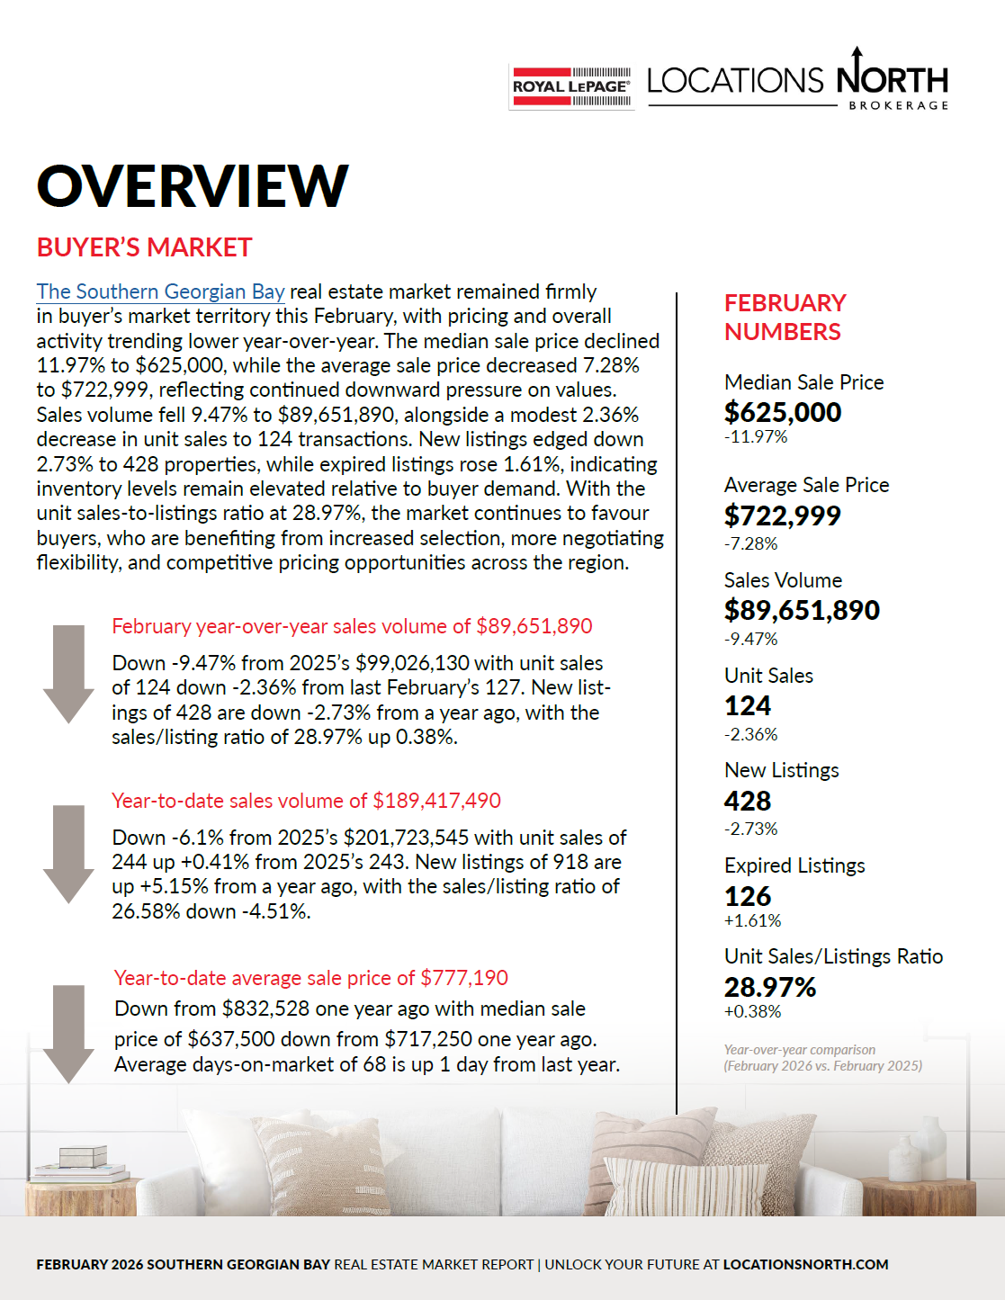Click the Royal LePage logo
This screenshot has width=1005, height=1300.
[571, 87]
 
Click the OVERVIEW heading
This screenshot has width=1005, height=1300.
[193, 186]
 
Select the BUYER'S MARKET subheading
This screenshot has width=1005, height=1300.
[144, 247]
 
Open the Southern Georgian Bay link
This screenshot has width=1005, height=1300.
[160, 291]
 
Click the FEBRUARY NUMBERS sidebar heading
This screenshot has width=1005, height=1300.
[785, 317]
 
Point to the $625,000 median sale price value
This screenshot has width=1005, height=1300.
[783, 412]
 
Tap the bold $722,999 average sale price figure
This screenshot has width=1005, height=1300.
[782, 516]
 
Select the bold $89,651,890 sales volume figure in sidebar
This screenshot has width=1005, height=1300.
[802, 610]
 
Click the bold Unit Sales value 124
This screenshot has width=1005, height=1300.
[748, 705]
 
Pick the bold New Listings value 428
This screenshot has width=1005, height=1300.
[748, 801]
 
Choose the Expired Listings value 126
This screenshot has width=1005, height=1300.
[748, 896]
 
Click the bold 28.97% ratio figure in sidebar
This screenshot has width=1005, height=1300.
[769, 987]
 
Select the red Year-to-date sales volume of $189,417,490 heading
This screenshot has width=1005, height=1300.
[306, 801]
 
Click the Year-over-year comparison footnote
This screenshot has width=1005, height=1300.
[822, 1058]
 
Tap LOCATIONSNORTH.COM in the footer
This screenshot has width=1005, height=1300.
[805, 1264]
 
